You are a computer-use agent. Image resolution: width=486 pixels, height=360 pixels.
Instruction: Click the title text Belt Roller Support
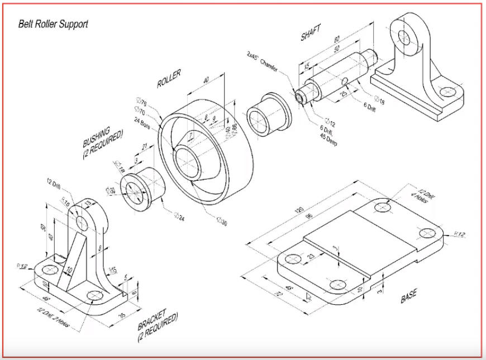tap(54, 25)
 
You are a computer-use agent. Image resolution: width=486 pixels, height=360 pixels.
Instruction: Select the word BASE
tap(408, 297)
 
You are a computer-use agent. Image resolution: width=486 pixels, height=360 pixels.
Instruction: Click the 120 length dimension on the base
tap(299, 210)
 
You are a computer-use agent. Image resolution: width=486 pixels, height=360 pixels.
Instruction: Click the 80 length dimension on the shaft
tap(337, 40)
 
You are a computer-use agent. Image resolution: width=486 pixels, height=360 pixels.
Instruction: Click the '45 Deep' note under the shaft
tap(327, 140)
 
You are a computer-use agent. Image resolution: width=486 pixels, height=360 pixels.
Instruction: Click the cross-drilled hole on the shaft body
tap(345, 82)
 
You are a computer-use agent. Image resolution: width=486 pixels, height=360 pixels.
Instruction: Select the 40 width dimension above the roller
tap(206, 81)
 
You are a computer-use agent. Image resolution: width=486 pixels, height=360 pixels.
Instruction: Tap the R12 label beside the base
tap(460, 233)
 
